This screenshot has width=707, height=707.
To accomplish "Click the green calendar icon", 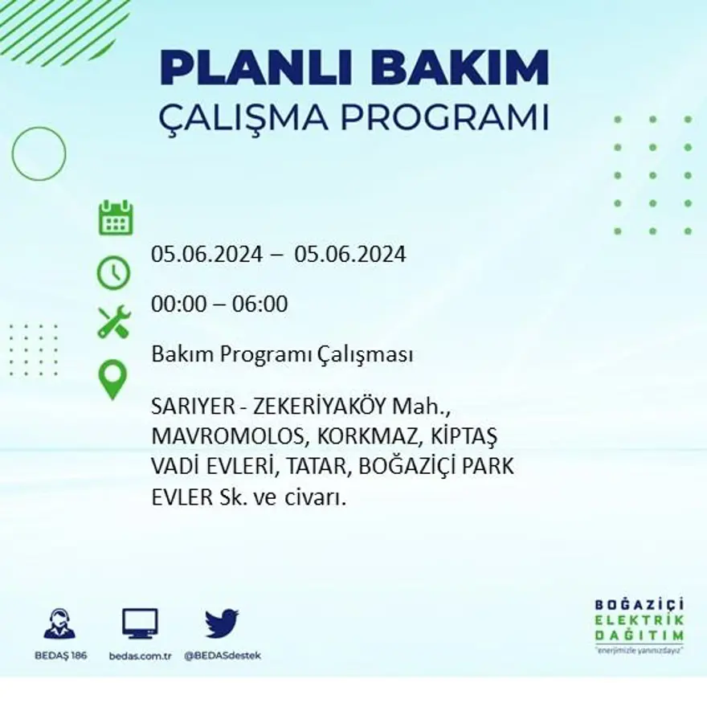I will pyautogui.click(x=116, y=219).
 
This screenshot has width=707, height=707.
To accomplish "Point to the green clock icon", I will pyautogui.click(x=113, y=272).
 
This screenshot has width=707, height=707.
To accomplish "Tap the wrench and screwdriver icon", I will pyautogui.click(x=113, y=321).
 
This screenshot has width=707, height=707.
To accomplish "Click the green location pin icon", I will pyautogui.click(x=113, y=380).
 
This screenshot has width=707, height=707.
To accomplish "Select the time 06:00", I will pyautogui.click(x=260, y=304).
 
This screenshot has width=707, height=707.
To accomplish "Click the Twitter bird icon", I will pyautogui.click(x=222, y=623).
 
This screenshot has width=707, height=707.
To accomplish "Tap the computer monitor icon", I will pyautogui.click(x=140, y=623).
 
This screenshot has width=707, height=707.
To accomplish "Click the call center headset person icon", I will pyautogui.click(x=59, y=623).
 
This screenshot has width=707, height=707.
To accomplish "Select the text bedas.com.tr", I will pyautogui.click(x=140, y=656).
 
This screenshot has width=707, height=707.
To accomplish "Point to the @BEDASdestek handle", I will pyautogui.click(x=223, y=656).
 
